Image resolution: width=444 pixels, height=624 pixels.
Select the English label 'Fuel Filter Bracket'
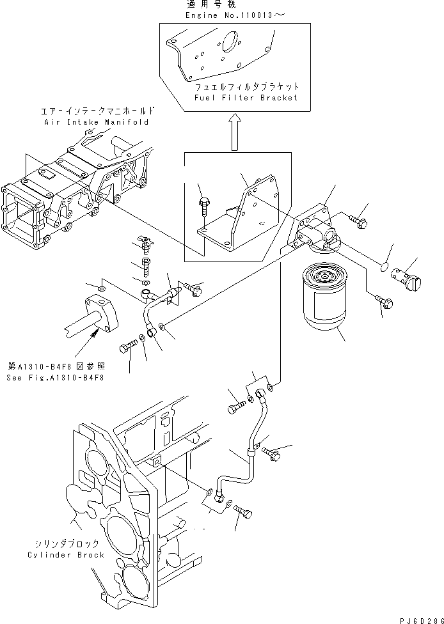[x=246, y=98]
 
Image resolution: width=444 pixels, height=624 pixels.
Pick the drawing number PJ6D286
[x=420, y=618]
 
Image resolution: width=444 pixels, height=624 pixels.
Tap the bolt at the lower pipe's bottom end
[x=244, y=512]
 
